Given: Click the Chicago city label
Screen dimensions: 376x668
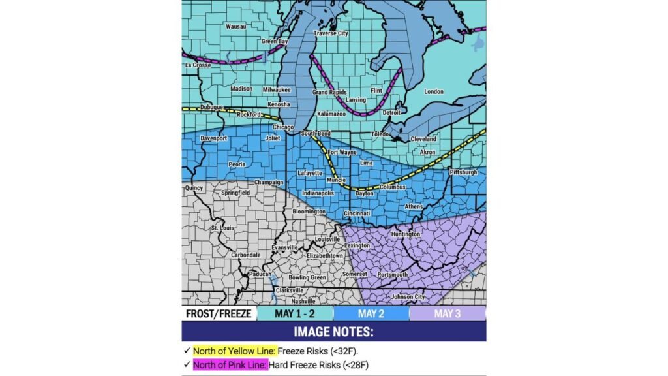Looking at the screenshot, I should [282, 127].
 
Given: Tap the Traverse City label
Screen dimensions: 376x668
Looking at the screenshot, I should [331, 33].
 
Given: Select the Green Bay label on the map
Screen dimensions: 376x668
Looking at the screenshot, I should [275, 42].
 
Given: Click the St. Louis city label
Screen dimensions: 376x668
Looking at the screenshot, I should [223, 228].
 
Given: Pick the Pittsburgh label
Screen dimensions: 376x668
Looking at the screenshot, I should [463, 172].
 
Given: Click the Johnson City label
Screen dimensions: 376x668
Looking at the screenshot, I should [408, 296].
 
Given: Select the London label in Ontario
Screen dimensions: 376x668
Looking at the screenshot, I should [434, 92].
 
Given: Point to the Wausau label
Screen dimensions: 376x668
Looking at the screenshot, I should [235, 27].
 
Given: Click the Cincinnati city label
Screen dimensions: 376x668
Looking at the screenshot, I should [357, 213].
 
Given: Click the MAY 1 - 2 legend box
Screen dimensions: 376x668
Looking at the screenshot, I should [295, 314].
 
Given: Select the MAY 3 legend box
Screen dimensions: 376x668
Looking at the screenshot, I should [448, 314].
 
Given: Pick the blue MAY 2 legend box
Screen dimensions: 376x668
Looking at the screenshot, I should [371, 314].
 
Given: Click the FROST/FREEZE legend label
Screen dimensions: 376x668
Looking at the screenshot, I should [219, 314].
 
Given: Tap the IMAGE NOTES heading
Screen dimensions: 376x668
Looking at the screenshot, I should [333, 332].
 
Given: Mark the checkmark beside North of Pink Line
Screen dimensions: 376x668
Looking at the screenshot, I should [187, 364].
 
